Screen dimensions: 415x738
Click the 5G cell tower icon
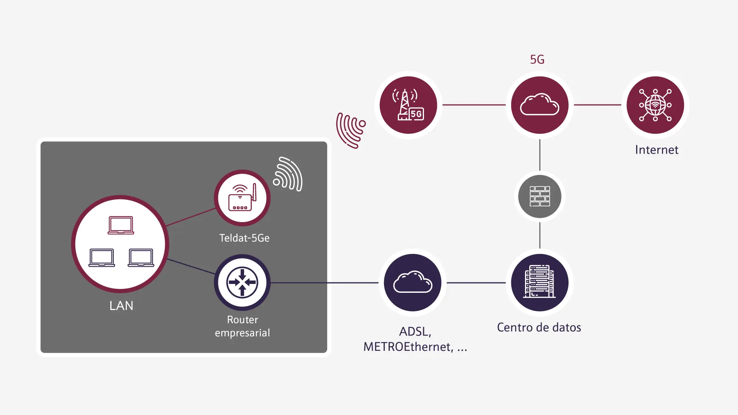click(x=408, y=105)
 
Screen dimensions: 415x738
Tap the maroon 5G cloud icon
click(x=540, y=105)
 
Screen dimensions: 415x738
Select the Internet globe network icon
click(x=655, y=105)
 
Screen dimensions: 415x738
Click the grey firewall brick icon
click(x=540, y=196)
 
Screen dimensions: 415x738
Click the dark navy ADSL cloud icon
click(x=413, y=282)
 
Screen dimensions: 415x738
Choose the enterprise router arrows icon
click(x=242, y=282)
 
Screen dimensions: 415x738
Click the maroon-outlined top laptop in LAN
click(x=121, y=225)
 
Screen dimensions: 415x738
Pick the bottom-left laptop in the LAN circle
click(x=101, y=257)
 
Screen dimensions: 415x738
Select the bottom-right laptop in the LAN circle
click(x=141, y=257)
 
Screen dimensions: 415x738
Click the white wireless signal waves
click(x=288, y=174)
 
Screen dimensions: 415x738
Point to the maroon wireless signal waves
click(x=350, y=130)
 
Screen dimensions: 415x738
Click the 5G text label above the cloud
click(x=537, y=60)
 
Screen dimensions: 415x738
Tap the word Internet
click(x=657, y=149)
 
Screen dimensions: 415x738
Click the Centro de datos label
click(x=539, y=327)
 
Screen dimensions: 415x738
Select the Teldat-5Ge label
click(x=244, y=238)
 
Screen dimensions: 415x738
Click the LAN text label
click(x=121, y=305)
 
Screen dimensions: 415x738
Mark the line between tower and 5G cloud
click(x=474, y=105)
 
